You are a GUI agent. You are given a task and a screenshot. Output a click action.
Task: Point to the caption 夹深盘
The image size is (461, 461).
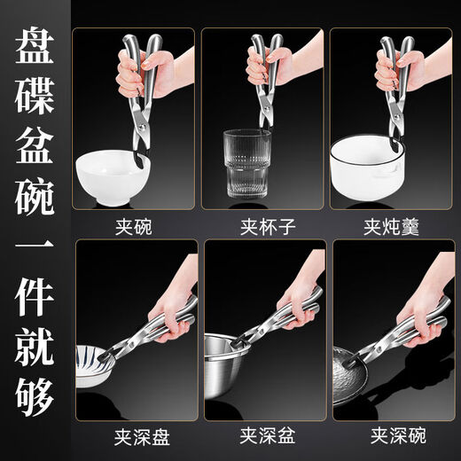tap(136, 436)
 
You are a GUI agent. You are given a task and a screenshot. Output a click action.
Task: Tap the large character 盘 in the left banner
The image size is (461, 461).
tap(35, 50)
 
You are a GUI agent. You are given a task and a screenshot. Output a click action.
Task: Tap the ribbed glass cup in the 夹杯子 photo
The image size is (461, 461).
tap(245, 168)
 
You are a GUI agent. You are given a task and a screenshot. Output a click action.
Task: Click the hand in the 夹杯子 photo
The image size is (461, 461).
tap(275, 66)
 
